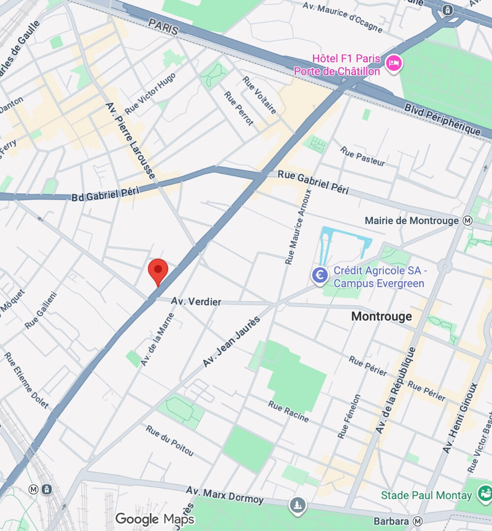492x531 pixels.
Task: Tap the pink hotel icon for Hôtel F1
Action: point(394,63)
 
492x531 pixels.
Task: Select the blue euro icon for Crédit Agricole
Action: point(320,274)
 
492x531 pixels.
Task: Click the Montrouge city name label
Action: point(381,316)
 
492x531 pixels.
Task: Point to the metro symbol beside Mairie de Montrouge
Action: point(467,221)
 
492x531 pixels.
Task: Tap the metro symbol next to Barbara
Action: point(418,521)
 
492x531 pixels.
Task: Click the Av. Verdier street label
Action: point(196,301)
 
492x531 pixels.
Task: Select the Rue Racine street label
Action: point(289,411)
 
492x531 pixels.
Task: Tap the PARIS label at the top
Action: point(163,27)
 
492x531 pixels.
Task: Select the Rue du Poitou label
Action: point(169,441)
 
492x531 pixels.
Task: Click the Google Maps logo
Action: point(154,519)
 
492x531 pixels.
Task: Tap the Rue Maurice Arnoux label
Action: point(298,227)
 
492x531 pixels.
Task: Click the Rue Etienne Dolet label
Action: point(27,380)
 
